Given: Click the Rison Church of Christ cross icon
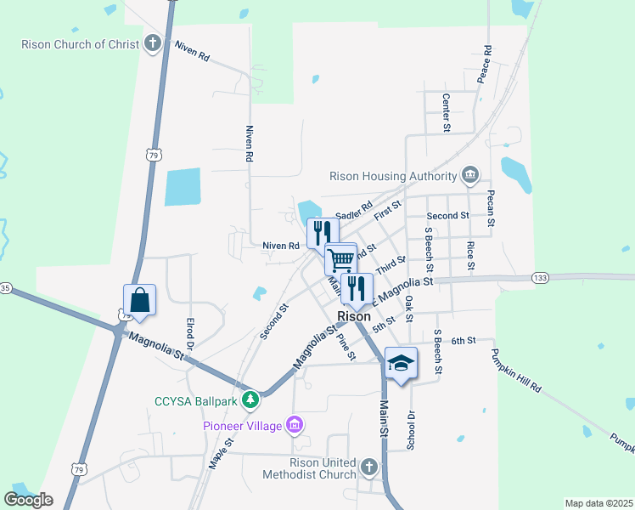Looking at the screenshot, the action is (153, 42).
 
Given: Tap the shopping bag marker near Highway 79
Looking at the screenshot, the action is (139, 300).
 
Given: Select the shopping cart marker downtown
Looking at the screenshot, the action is (341, 259).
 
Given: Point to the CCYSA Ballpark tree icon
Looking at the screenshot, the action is (250, 399).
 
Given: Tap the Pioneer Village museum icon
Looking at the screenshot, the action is (295, 424).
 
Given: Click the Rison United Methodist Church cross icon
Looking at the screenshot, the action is (368, 467).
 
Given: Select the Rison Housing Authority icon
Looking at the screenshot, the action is (470, 176).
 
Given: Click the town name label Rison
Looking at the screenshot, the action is (354, 316).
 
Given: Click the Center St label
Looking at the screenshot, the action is (446, 112).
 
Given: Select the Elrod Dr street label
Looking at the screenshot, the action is (190, 335).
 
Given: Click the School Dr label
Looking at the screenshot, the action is (411, 431).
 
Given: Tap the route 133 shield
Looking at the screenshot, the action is (540, 278).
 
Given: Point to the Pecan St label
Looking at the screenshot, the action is (491, 208).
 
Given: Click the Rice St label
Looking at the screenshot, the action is (470, 255).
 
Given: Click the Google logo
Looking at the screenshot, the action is (28, 500).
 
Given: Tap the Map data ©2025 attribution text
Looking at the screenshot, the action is (598, 503).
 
